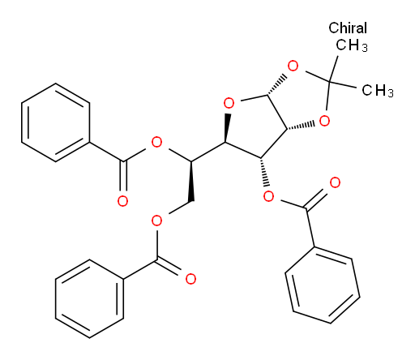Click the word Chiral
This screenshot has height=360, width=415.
pos(348,28)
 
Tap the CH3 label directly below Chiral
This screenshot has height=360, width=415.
pos(352,45)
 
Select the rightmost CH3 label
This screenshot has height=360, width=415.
pos(378,90)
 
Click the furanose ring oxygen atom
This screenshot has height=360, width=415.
pos(229,103)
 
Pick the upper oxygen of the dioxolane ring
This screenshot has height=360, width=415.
pos(293,66)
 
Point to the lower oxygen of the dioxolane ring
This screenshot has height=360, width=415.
pos(324,121)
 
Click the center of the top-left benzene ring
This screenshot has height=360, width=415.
pos(55,122)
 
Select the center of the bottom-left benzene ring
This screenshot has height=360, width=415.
pos(89,298)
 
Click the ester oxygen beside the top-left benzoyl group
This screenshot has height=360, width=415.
pos(156,142)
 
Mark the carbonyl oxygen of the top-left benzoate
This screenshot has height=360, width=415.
pos(122,201)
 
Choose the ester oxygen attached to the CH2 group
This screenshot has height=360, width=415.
pos(156,221)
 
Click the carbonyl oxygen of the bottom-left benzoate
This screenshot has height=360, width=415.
pos(190,279)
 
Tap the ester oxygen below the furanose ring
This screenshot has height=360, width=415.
pos(268,197)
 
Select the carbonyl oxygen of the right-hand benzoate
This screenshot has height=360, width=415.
pos(335,183)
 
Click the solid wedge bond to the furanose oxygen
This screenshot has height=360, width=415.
pos(227,128)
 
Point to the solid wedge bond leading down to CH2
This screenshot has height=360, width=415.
pos(191,182)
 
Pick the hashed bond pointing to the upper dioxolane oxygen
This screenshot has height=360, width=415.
pos(277,84)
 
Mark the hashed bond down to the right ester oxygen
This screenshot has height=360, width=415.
pos(264,172)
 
